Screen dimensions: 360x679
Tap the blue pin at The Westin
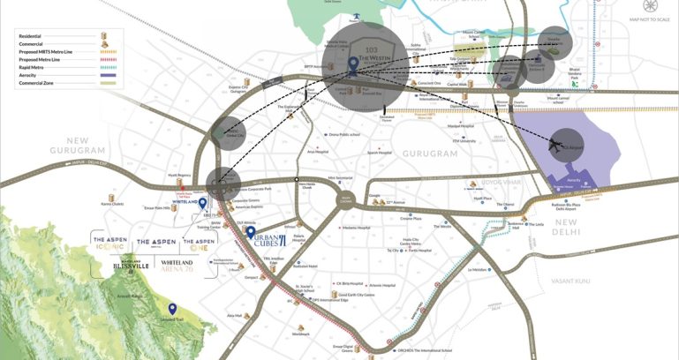(353, 64)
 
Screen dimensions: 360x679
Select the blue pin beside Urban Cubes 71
(251, 234)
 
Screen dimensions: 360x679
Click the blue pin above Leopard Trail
(172, 309)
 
